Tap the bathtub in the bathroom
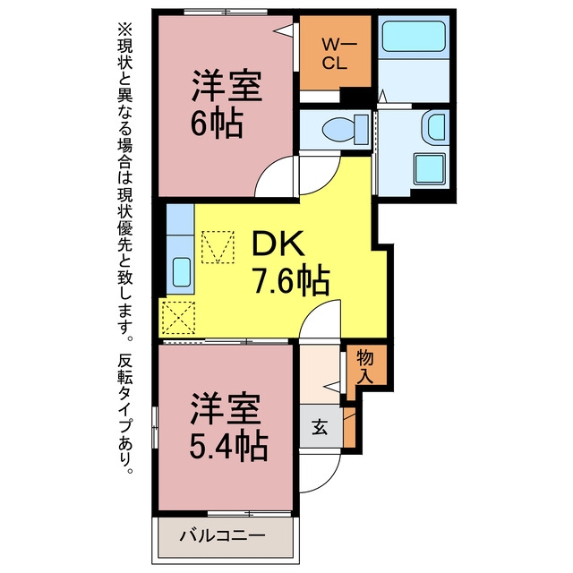(414, 36)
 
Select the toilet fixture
(345, 129)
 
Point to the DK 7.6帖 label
(291, 262)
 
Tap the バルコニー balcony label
(222, 536)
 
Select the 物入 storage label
(365, 366)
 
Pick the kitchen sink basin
(181, 272)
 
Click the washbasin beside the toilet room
(436, 127)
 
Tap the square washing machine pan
(430, 168)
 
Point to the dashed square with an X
(178, 318)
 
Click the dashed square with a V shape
(218, 247)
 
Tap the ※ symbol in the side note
(125, 30)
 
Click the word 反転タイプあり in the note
(125, 414)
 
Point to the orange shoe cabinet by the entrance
(350, 427)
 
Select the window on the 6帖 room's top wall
(226, 13)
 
